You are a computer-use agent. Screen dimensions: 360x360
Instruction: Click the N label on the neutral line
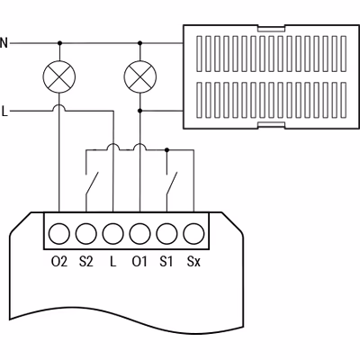pyautogui.click(x=4, y=43)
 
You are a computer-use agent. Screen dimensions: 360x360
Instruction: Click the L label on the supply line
pyautogui.click(x=4, y=112)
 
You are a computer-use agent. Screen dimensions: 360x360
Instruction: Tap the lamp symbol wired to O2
pyautogui.click(x=59, y=76)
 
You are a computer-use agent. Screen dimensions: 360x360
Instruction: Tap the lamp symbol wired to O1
pyautogui.click(x=140, y=76)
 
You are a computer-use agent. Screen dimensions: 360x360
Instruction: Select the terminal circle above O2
pyautogui.click(x=59, y=233)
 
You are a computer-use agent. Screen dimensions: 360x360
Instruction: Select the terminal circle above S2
pyautogui.click(x=86, y=233)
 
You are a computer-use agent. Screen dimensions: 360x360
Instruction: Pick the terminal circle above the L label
pyautogui.click(x=113, y=233)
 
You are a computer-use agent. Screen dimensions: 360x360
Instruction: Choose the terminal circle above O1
pyautogui.click(x=140, y=233)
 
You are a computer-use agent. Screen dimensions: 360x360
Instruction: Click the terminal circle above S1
pyautogui.click(x=166, y=233)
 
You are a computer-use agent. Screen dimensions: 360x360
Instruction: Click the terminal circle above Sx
pyautogui.click(x=193, y=233)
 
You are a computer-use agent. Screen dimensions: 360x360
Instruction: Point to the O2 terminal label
pyautogui.click(x=59, y=262)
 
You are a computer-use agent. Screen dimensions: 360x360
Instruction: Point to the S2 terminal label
pyautogui.click(x=86, y=262)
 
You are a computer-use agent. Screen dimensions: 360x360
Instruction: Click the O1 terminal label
pyautogui.click(x=139, y=262)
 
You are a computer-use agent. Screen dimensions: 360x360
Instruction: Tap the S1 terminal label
pyautogui.click(x=166, y=262)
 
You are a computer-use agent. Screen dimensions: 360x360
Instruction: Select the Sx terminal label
pyautogui.click(x=193, y=262)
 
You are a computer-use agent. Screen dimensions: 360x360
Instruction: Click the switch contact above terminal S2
pyautogui.click(x=92, y=184)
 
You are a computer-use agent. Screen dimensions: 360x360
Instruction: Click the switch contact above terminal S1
pyautogui.click(x=172, y=184)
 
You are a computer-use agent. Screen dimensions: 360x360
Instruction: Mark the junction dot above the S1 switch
pyautogui.click(x=167, y=149)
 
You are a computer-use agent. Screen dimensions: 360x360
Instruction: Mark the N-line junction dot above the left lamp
pyautogui.click(x=59, y=43)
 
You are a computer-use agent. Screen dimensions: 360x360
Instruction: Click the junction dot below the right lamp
pyautogui.click(x=140, y=111)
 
